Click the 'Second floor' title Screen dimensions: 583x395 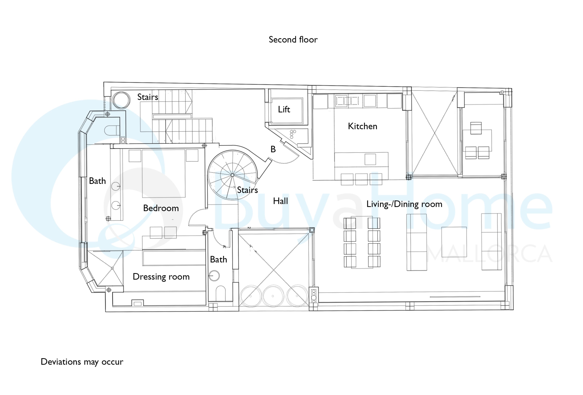293,39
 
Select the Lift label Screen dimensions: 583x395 284,109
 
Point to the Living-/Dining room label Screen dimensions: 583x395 404,204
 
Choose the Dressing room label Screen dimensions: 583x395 161,277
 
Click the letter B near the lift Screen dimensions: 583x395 273,149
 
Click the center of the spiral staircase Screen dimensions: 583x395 232,175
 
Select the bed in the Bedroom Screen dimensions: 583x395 164,173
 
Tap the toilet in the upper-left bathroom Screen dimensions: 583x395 112,130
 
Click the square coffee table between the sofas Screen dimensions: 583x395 454,242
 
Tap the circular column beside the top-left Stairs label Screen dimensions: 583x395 121,100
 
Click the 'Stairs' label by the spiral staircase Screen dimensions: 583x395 247,190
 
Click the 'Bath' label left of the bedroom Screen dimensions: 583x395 97,181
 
